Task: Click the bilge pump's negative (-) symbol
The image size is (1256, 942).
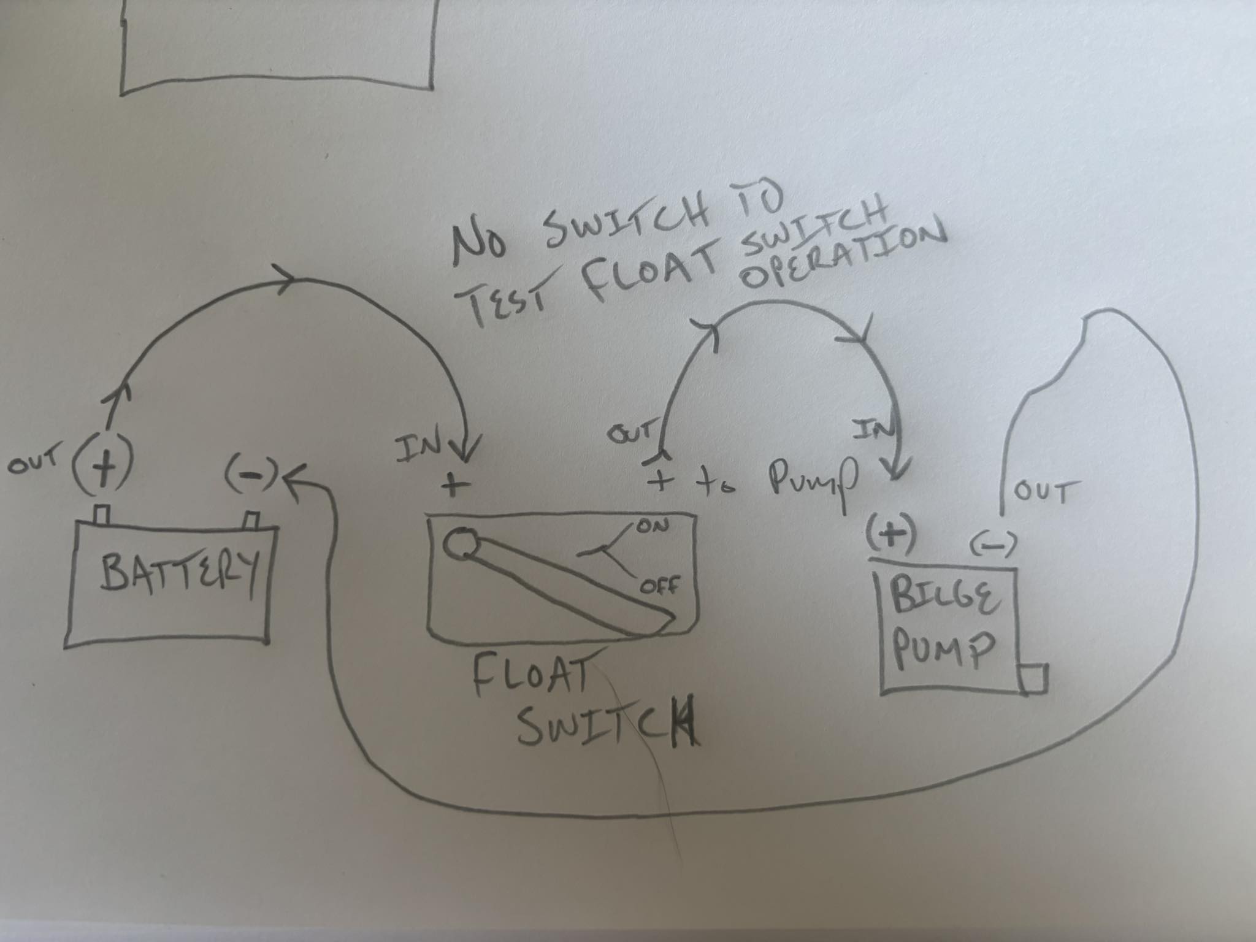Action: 993,543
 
